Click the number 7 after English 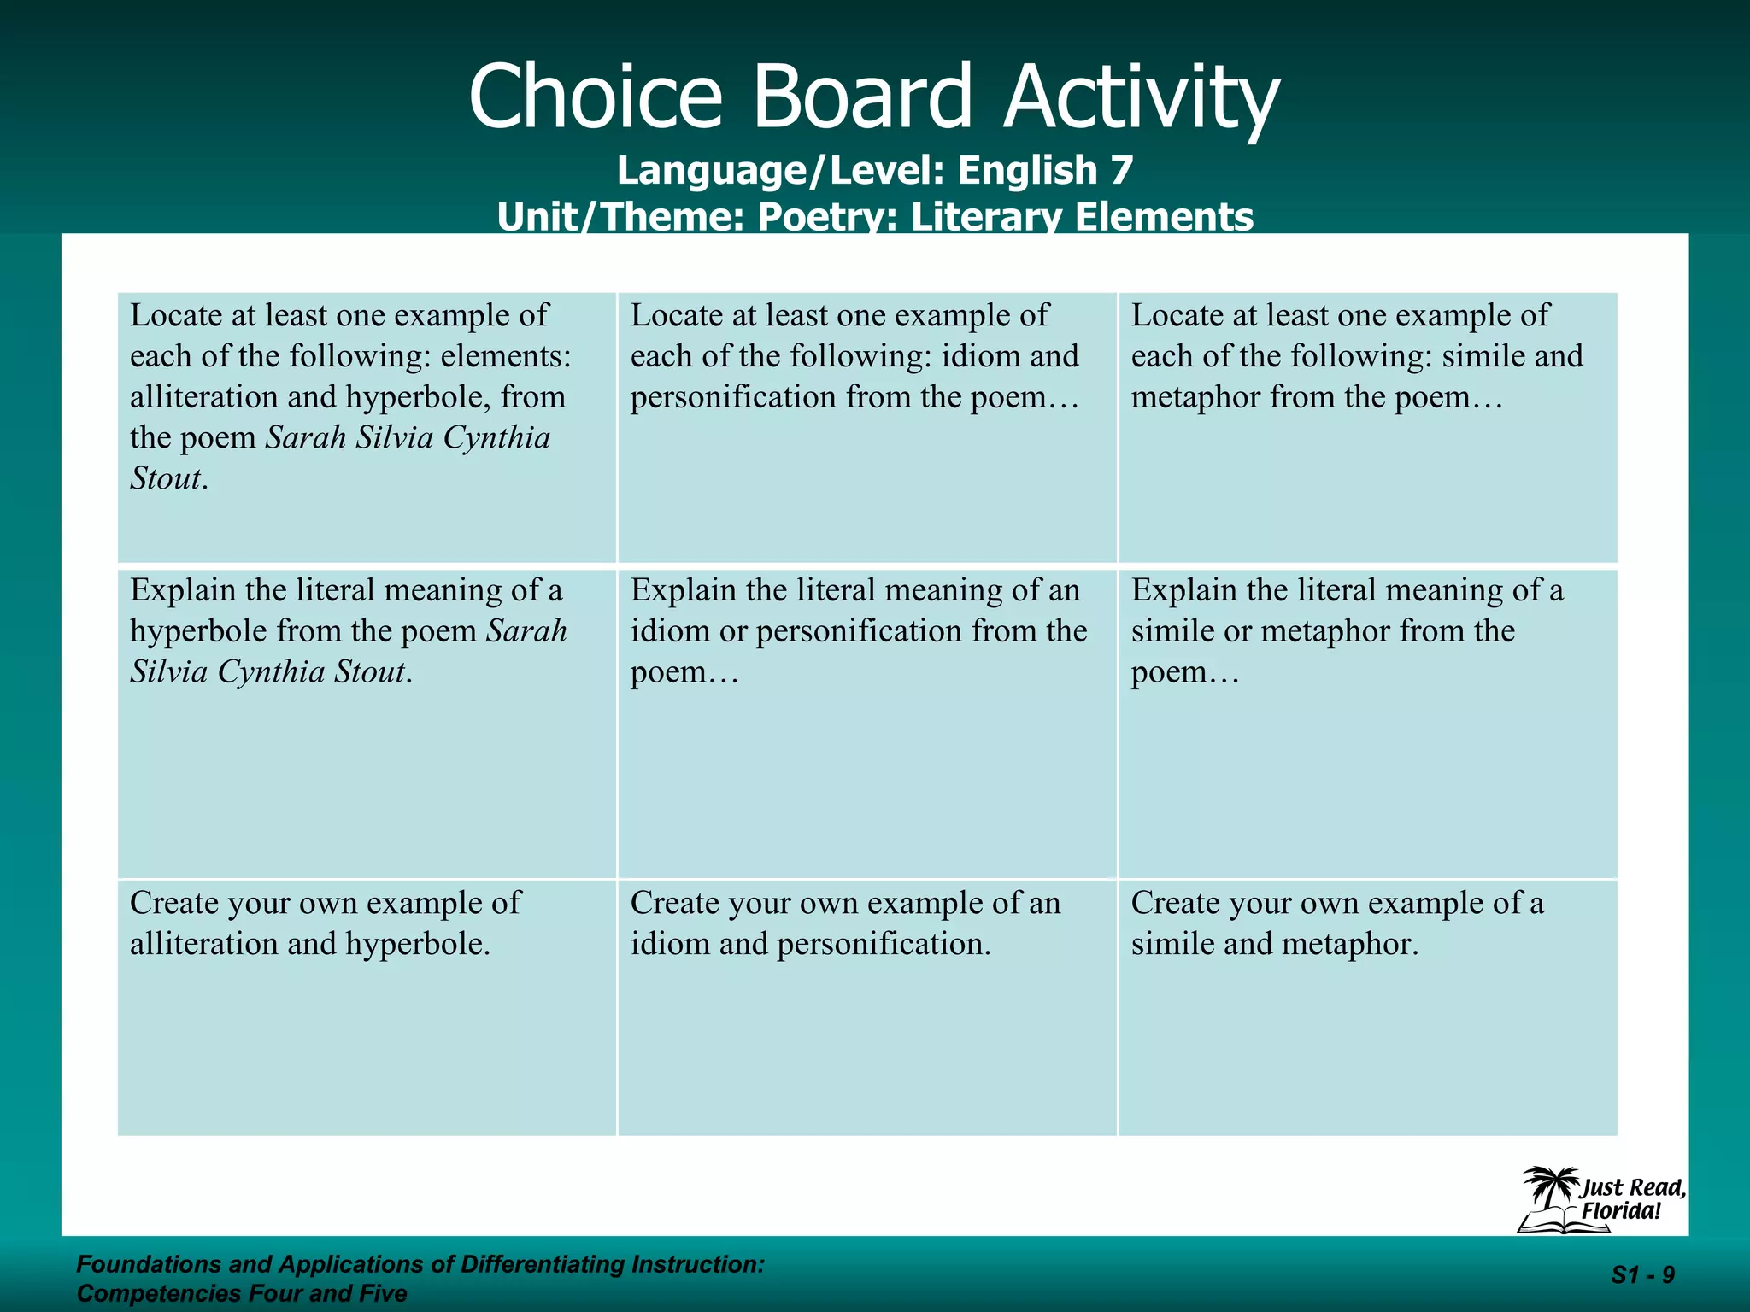pyautogui.click(x=1121, y=170)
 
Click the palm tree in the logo pyautogui.click(x=1549, y=1186)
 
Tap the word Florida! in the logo pyautogui.click(x=1620, y=1210)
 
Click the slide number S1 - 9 pyautogui.click(x=1642, y=1275)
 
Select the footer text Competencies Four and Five pyautogui.click(x=242, y=1293)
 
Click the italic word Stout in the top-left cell pyautogui.click(x=166, y=478)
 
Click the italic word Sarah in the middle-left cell pyautogui.click(x=526, y=631)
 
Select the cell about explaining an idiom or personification pyautogui.click(x=866, y=723)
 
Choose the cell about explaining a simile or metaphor pyautogui.click(x=1367, y=723)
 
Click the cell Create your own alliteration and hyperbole pyautogui.click(x=367, y=1008)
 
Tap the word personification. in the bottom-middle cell pyautogui.click(x=884, y=944)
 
